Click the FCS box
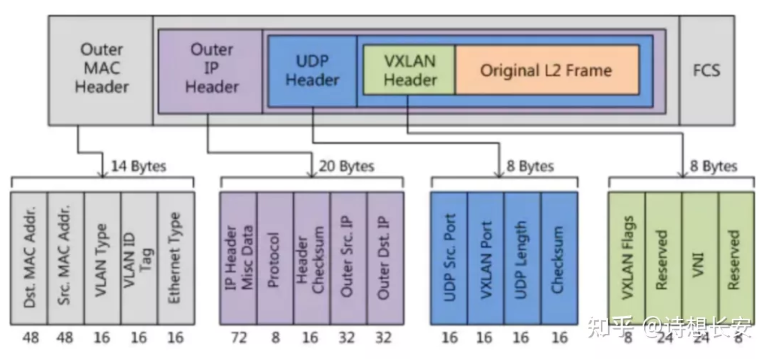[706, 70]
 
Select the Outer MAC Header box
[101, 68]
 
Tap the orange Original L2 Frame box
[547, 70]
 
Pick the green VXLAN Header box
[409, 70]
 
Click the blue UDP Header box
[312, 70]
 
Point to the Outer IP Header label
[212, 68]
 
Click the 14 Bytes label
[138, 166]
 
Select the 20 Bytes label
[346, 166]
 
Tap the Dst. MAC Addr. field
[29, 258]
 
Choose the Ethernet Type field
[175, 258]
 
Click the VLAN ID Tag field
[139, 258]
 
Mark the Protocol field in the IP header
[275, 258]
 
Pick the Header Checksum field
[311, 258]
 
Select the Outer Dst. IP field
[385, 258]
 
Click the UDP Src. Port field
[449, 258]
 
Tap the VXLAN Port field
[485, 258]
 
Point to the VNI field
[700, 258]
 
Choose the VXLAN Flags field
[627, 258]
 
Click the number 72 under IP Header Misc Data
[238, 337]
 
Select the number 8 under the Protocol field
[275, 337]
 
